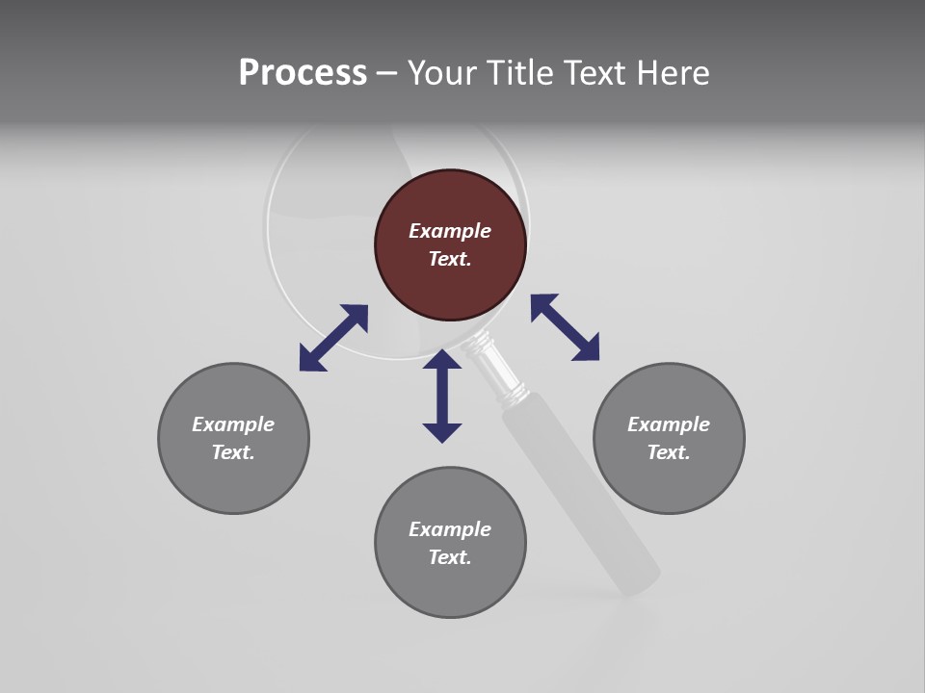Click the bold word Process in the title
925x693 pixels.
(x=303, y=72)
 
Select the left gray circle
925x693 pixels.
(x=233, y=481)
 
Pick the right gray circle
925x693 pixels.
(x=669, y=481)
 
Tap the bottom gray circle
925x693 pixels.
(x=450, y=587)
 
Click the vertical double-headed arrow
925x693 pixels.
(x=442, y=396)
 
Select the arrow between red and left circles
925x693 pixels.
(x=333, y=338)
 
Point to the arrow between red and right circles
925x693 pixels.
(x=565, y=327)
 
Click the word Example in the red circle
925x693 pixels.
(x=450, y=231)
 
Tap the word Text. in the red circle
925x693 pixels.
(x=450, y=259)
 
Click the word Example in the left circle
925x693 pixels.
(x=233, y=424)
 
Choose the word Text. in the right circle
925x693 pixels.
(x=669, y=452)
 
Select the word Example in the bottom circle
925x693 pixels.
(x=450, y=529)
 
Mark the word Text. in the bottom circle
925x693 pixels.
(x=450, y=557)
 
